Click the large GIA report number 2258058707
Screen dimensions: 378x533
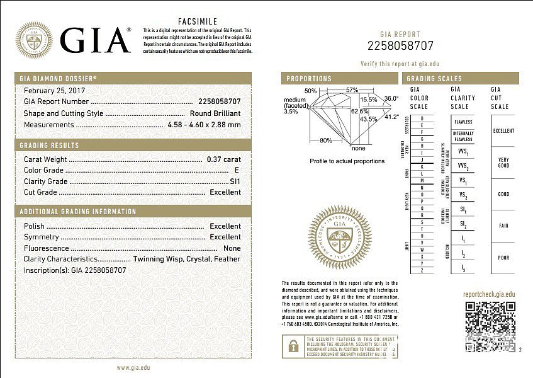pyautogui.click(x=401, y=45)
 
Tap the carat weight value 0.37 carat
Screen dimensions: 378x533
pyautogui.click(x=223, y=159)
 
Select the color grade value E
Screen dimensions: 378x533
pyautogui.click(x=237, y=170)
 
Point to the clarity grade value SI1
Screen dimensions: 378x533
pyautogui.click(x=235, y=181)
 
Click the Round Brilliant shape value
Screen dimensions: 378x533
pyautogui.click(x=215, y=113)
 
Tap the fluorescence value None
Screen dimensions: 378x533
pyautogui.click(x=232, y=248)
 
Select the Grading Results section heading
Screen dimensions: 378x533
pyautogui.click(x=48, y=146)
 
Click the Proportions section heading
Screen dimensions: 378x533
pyautogui.click(x=308, y=79)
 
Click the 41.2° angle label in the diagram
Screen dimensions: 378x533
pyautogui.click(x=392, y=117)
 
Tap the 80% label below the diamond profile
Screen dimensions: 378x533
pyautogui.click(x=326, y=140)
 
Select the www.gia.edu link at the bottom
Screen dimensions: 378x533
pyautogui.click(x=133, y=367)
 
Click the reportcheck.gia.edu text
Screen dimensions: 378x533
pyautogui.click(x=489, y=294)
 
